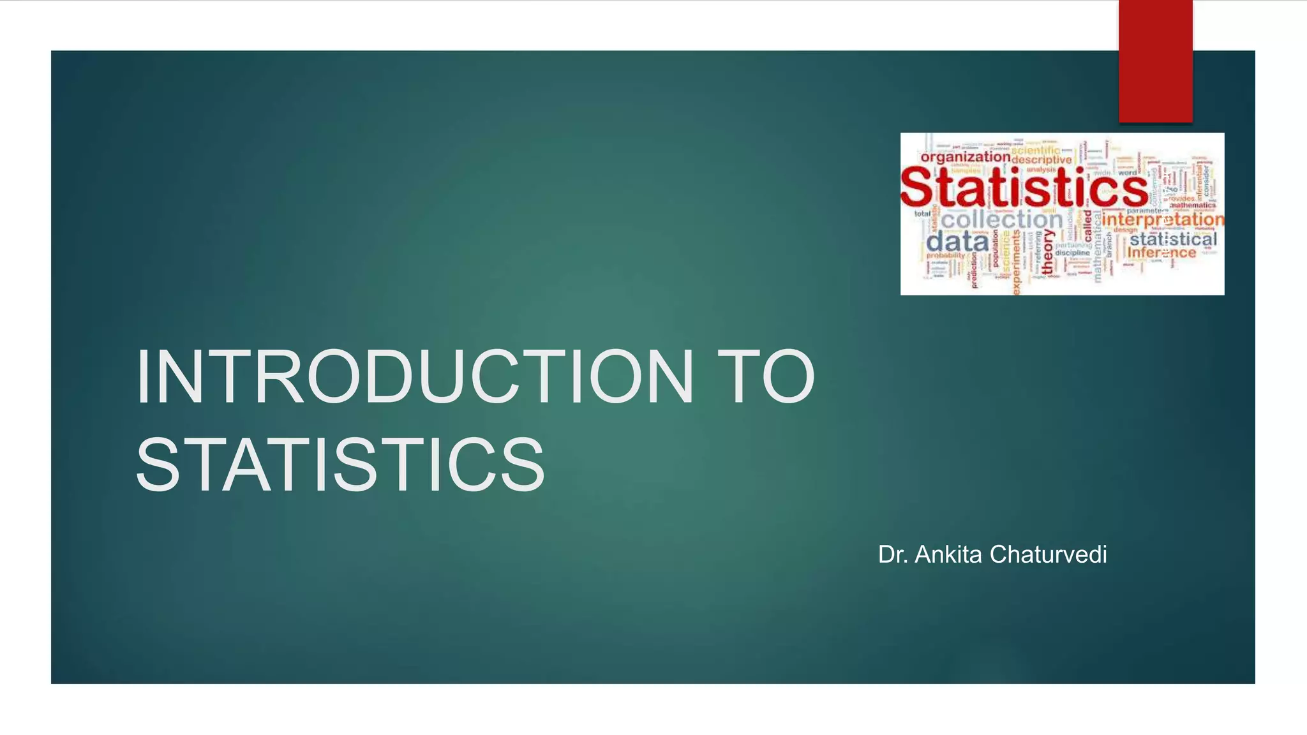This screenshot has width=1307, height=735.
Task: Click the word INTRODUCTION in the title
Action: (414, 377)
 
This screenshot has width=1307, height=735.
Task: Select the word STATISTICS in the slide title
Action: (340, 464)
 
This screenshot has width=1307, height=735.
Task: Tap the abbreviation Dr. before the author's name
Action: (893, 554)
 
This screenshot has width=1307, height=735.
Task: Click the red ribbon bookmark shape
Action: (1155, 61)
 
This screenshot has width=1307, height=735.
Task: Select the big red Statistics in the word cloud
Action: (1023, 188)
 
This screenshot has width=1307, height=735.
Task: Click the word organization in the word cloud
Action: (965, 157)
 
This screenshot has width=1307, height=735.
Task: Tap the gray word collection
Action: (1001, 219)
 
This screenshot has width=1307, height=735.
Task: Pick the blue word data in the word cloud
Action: (957, 242)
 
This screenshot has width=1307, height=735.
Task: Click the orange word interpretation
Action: (1163, 219)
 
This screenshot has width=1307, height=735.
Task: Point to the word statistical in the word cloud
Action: (1173, 239)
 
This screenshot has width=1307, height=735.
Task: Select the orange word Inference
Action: (1161, 253)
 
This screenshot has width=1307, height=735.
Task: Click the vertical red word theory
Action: (1047, 253)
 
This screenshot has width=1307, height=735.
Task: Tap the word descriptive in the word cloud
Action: (1042, 160)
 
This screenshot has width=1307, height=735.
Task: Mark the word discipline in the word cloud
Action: (1072, 253)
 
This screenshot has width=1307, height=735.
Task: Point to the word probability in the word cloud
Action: (946, 255)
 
